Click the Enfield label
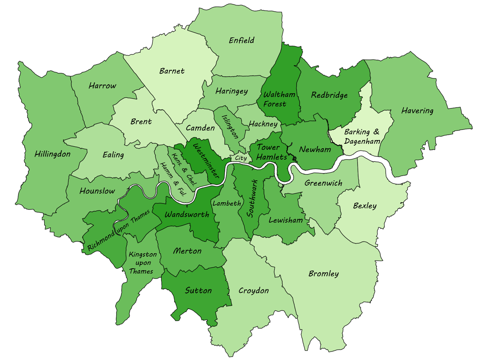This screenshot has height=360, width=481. tap(241, 40)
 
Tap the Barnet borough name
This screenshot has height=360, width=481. tap(172, 71)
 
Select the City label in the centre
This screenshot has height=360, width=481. tap(241, 158)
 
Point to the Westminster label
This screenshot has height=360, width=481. tap(206, 161)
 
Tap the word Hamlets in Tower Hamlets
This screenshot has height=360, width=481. tap(272, 157)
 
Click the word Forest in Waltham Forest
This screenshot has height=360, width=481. tap(275, 104)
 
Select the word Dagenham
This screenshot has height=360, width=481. tap(362, 141)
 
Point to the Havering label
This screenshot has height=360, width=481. tap(417, 111)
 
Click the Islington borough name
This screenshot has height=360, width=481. tap(230, 127)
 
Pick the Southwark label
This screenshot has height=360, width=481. tap(252, 198)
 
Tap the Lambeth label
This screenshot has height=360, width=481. tap(227, 203)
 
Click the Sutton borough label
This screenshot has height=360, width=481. tap(198, 291)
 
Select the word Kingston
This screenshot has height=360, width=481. tap(143, 255)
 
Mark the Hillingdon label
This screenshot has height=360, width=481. tap(52, 154)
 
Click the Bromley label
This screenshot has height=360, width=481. tap(324, 274)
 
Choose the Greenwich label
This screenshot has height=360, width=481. tap(323, 183)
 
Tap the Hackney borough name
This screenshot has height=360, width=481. tap(263, 124)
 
